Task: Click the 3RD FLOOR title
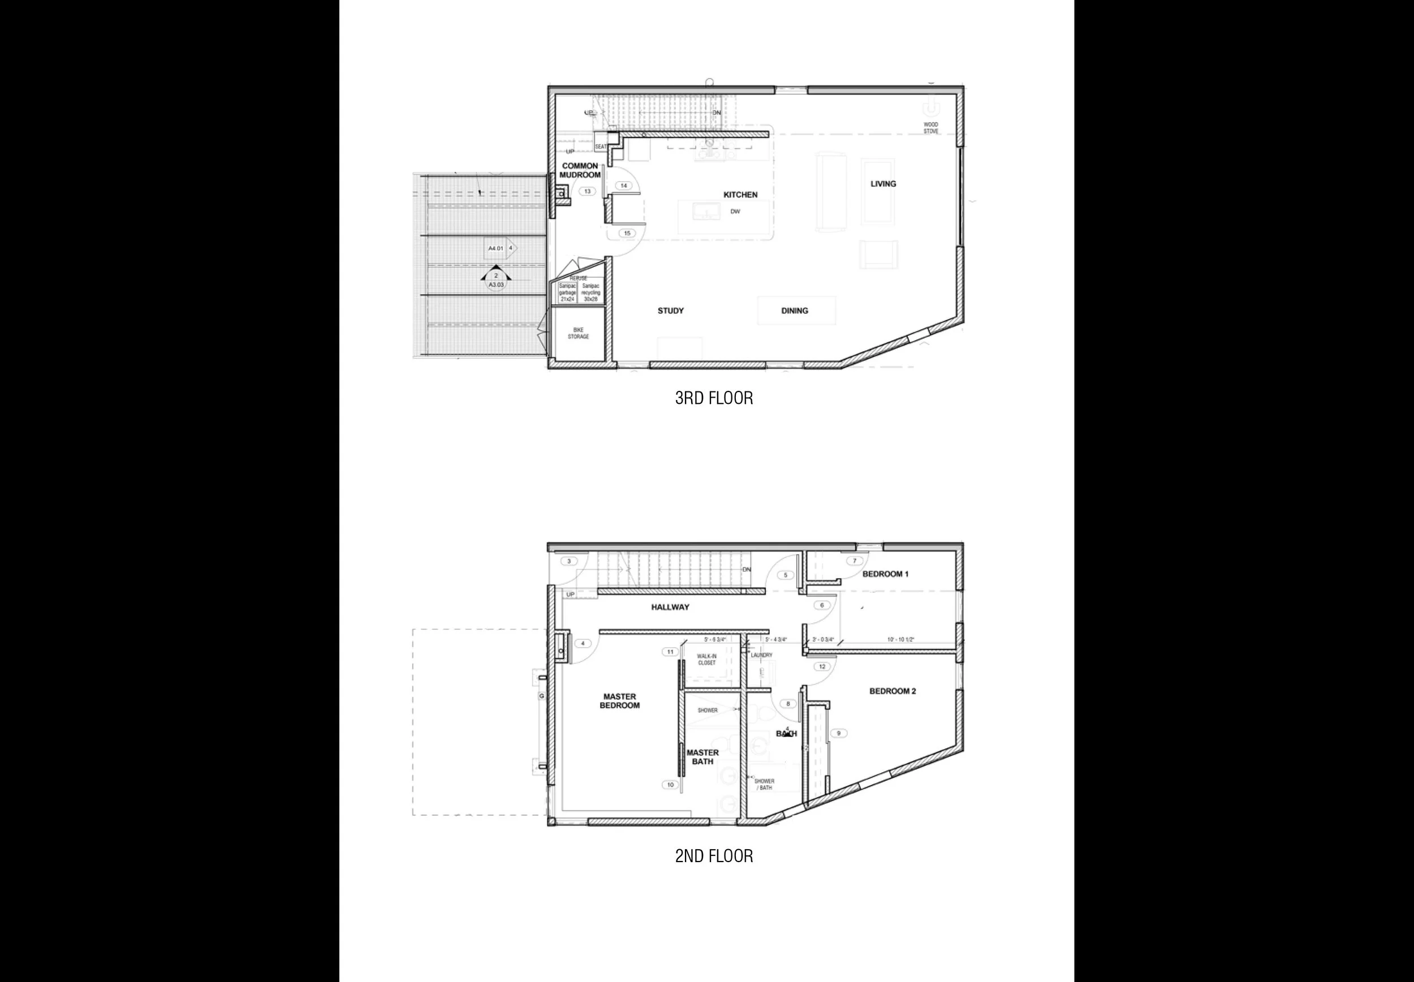713,398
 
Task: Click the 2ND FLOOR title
713,856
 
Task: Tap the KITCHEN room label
740,195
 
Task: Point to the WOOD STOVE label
930,128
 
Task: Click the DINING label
795,311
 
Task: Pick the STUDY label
670,311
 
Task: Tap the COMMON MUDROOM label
580,170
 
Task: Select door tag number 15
627,233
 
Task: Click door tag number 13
587,191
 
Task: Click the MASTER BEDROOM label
619,701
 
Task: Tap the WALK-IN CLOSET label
706,660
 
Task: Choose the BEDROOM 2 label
893,691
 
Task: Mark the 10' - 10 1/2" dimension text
900,640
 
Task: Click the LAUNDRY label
761,655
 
